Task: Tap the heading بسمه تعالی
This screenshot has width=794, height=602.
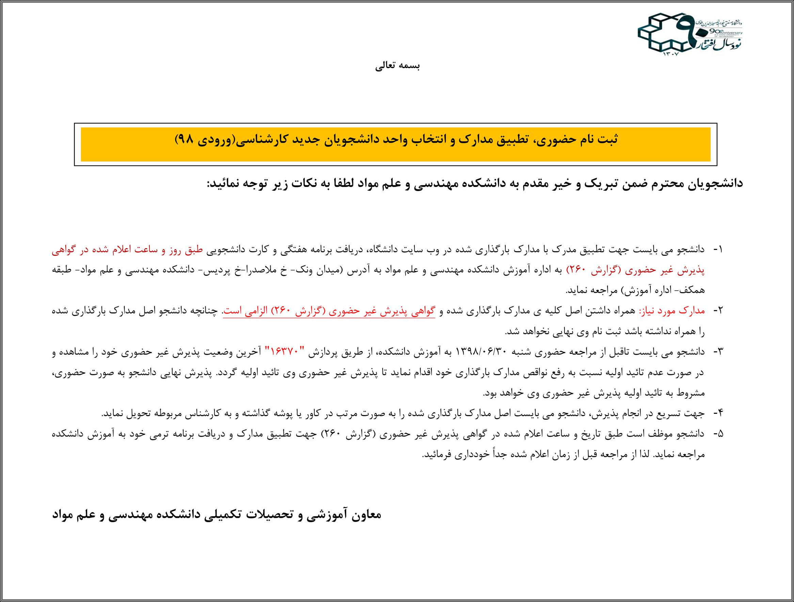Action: pyautogui.click(x=397, y=66)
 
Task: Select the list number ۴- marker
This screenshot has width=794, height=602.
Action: pyautogui.click(x=716, y=414)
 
